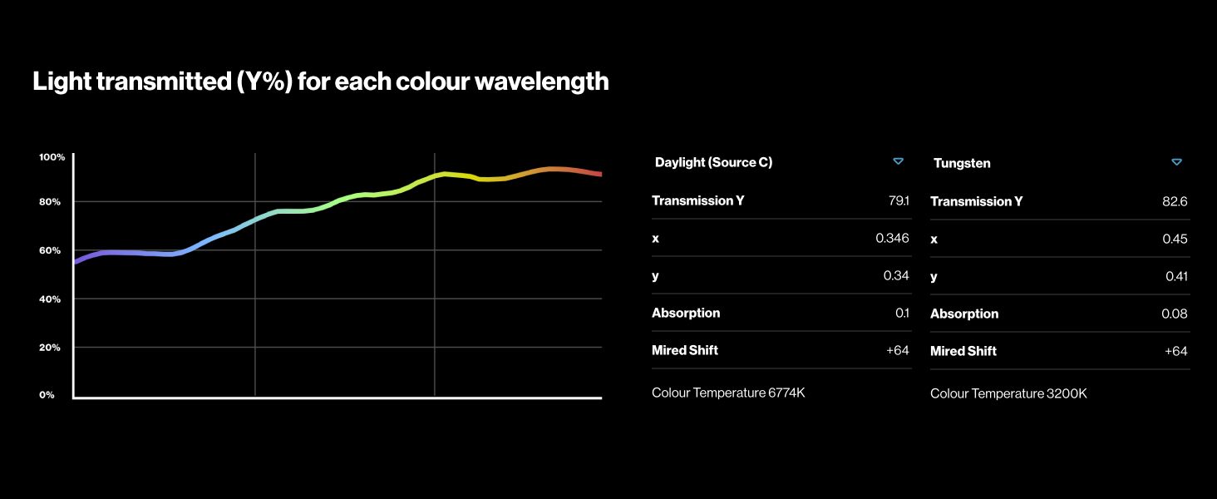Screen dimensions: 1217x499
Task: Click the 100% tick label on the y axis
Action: point(52,157)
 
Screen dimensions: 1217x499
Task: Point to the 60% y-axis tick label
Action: point(49,250)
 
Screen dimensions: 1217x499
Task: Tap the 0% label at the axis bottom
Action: point(47,395)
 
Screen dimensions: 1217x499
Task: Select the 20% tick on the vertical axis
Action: point(49,348)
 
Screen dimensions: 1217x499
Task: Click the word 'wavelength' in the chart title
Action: point(542,82)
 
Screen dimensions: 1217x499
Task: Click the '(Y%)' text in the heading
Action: point(264,82)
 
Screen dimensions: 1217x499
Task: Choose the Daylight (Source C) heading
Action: point(713,162)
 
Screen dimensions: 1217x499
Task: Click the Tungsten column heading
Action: point(962,163)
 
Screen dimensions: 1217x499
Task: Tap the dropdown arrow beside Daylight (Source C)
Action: point(898,161)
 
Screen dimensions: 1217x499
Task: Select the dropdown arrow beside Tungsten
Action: point(1177,162)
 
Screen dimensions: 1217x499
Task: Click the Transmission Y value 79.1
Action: point(899,200)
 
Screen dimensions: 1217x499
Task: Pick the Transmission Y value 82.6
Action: point(1175,201)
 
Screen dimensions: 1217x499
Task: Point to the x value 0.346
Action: point(892,238)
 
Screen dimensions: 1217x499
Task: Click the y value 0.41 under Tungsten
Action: point(1176,277)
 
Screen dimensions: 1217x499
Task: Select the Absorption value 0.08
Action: point(1174,314)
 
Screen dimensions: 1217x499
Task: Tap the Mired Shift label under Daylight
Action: point(685,351)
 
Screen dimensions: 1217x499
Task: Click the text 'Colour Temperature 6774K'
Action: point(728,393)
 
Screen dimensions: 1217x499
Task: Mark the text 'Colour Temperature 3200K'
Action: point(1008,393)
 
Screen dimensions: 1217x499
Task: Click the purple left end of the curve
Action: point(75,262)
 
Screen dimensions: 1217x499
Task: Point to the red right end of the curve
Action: point(600,174)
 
